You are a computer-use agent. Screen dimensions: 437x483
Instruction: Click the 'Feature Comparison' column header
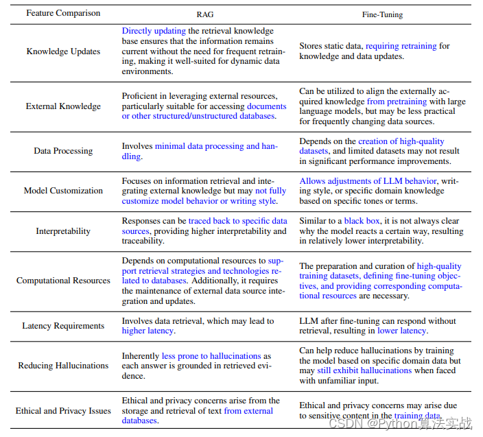tap(63, 13)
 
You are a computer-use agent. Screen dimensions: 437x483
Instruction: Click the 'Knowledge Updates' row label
tap(63, 51)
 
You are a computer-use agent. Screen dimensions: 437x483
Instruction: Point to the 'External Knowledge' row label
tap(63, 106)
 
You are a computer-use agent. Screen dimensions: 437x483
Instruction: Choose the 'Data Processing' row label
tap(63, 151)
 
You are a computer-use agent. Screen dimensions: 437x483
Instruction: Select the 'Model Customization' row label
tap(63, 191)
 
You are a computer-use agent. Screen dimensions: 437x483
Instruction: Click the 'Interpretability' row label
tap(63, 231)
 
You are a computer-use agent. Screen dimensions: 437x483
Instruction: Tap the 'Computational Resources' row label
tap(63, 281)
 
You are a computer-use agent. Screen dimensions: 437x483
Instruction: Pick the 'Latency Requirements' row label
tap(63, 326)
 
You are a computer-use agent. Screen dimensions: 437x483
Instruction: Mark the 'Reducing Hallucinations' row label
tap(63, 366)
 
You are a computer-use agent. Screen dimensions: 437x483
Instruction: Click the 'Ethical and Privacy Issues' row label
tap(63, 411)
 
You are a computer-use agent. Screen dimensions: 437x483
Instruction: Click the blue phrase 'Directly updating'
tap(153, 31)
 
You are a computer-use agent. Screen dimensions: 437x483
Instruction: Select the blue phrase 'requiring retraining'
tap(401, 46)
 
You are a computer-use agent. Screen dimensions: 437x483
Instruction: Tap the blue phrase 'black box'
tap(363, 222)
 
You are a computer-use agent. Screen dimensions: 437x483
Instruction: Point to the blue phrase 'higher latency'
tap(148, 331)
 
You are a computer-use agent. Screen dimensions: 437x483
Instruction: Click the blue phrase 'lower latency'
tap(402, 331)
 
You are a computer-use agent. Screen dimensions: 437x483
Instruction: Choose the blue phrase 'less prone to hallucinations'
tap(211, 356)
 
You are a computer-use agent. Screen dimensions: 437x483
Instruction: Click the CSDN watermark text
tap(401, 423)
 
